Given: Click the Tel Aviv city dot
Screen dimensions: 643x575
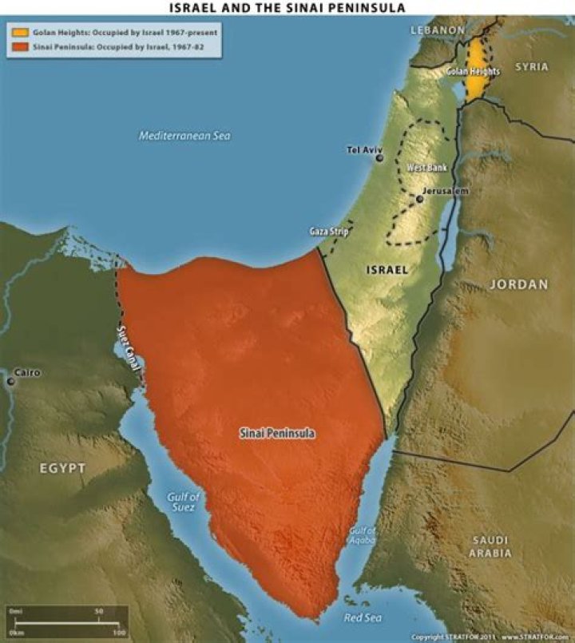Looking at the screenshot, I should coord(379,158).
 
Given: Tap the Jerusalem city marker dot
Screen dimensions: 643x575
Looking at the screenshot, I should coord(419,199).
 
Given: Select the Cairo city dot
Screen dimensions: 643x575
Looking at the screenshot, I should coord(10,382).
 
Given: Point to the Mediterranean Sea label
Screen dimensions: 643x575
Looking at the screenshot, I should coord(184,136).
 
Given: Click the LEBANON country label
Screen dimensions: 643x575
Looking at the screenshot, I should coord(437,30).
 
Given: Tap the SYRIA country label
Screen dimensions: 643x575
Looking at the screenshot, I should coord(531,67).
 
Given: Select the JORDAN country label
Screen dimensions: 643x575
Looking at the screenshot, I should coord(518,284).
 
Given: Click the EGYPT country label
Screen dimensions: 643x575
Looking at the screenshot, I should coord(62,468).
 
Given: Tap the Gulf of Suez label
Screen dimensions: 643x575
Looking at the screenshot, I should coord(183,502).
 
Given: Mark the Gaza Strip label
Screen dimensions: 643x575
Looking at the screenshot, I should coord(329,232).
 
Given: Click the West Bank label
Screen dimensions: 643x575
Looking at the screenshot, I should coord(426,169).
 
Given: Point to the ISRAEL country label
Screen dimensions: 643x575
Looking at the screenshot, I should coord(387,270).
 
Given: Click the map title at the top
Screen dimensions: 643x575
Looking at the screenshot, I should coord(287,7).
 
